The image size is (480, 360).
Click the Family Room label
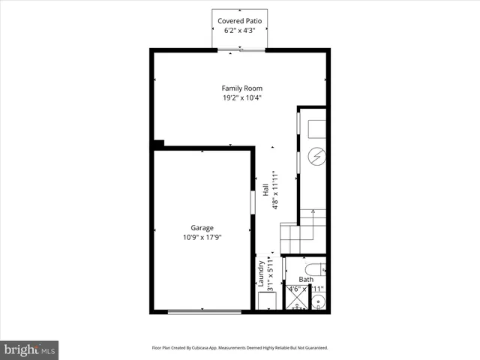[241, 88]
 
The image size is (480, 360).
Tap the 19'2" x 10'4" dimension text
[241, 97]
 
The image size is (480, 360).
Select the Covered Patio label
[240, 21]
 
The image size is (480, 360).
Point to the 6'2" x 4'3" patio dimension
[240, 31]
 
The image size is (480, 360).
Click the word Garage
[202, 228]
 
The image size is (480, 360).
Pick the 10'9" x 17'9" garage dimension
[202, 237]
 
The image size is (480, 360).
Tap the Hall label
[265, 190]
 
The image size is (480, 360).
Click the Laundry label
[261, 274]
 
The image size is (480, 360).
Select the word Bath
[306, 280]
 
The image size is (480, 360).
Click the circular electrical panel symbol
[317, 156]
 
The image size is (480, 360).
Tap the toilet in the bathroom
[313, 268]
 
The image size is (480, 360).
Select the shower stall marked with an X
[296, 299]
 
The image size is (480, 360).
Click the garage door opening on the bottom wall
[204, 312]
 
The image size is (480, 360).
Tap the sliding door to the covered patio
[241, 50]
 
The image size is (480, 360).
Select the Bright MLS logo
[30, 349]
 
